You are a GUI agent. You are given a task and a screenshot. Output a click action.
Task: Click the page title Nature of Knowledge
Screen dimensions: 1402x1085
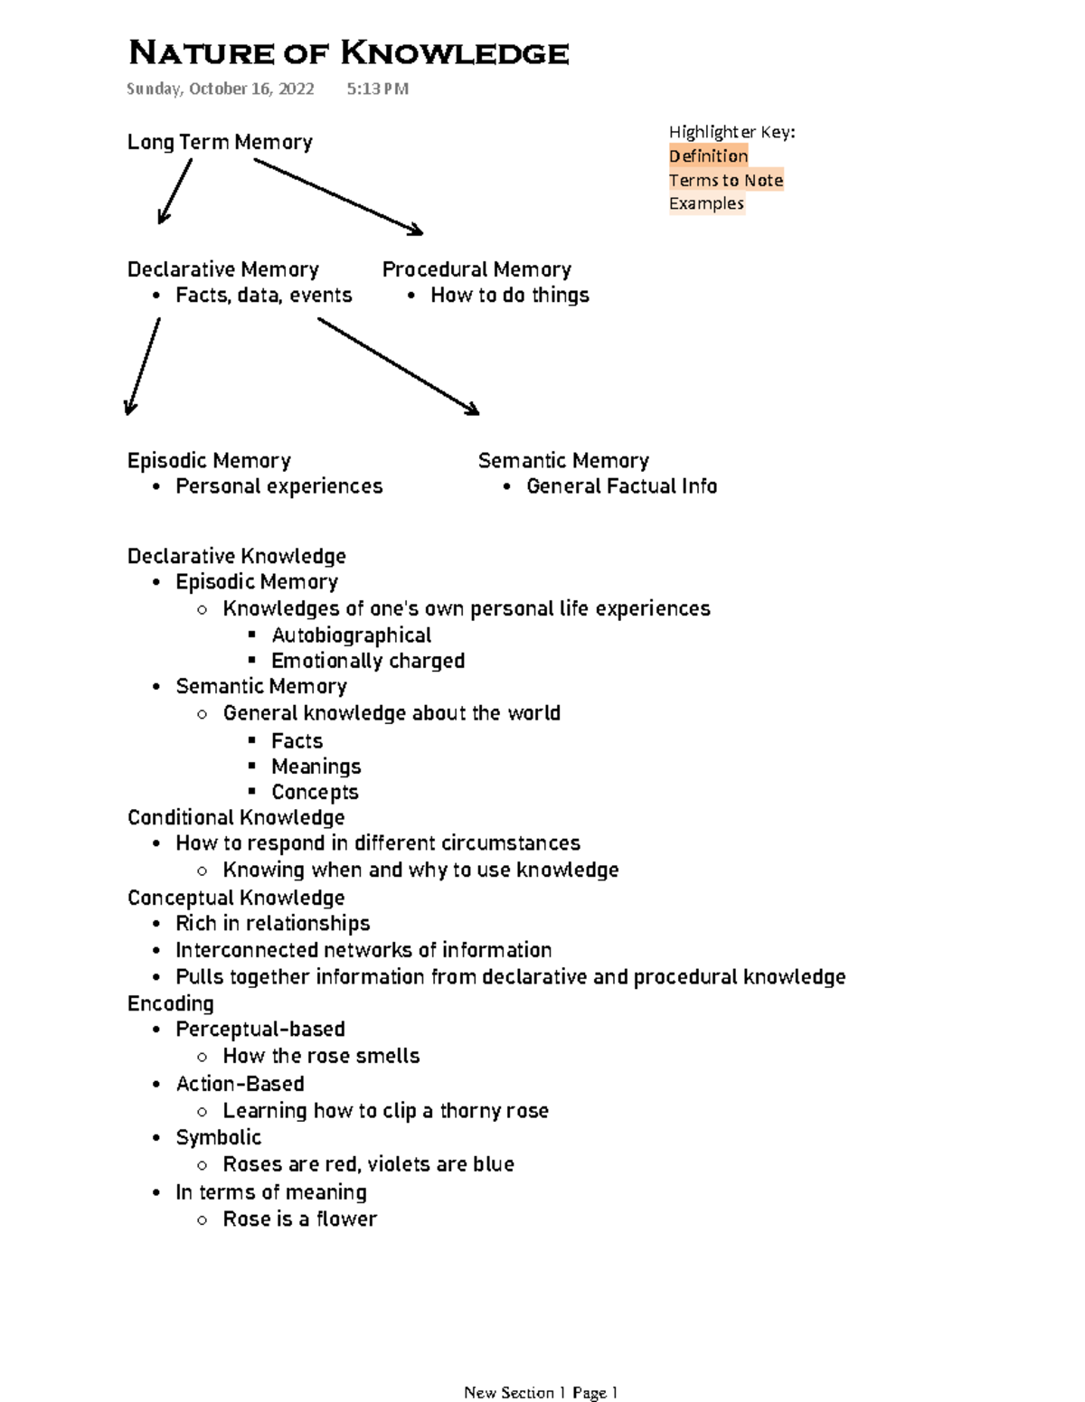click(x=348, y=53)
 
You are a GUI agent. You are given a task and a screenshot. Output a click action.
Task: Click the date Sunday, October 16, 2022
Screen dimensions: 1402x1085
click(x=220, y=89)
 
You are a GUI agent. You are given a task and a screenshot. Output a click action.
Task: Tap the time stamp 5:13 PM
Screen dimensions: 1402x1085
click(x=377, y=89)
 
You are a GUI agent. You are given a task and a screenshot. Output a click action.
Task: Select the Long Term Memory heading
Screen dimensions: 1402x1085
click(x=220, y=142)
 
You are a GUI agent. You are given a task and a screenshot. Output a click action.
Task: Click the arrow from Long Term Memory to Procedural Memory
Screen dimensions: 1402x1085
click(x=338, y=196)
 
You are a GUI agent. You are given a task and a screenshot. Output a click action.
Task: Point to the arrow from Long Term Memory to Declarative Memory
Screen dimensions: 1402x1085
click(x=175, y=191)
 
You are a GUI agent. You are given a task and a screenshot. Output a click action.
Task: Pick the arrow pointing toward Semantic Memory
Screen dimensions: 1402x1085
click(x=398, y=366)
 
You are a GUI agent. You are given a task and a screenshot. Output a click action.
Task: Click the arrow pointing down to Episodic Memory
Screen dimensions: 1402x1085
click(x=144, y=366)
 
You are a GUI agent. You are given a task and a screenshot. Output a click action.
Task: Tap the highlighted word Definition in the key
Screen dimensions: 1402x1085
click(x=708, y=155)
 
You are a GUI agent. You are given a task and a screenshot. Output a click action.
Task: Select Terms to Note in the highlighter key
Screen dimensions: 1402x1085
click(x=725, y=180)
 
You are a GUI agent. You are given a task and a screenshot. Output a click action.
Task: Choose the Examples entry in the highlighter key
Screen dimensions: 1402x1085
click(x=706, y=203)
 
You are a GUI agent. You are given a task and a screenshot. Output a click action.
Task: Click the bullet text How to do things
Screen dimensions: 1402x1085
click(x=509, y=296)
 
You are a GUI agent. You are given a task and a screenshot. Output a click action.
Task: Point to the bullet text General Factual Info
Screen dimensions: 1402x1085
click(x=621, y=486)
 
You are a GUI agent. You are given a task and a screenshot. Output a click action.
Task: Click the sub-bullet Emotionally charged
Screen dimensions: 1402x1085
click(x=367, y=661)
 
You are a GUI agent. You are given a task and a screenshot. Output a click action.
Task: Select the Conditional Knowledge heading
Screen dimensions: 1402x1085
click(x=236, y=817)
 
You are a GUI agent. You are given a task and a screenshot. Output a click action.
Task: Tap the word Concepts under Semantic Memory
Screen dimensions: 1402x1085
click(x=315, y=792)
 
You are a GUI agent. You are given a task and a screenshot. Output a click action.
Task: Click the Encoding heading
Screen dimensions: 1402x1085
click(x=170, y=1003)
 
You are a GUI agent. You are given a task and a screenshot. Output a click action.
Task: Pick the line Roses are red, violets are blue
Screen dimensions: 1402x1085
click(x=368, y=1164)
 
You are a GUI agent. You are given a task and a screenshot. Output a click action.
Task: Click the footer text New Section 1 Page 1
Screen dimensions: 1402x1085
click(x=540, y=1392)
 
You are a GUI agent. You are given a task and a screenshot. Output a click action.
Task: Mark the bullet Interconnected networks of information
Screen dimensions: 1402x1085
click(x=363, y=950)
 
